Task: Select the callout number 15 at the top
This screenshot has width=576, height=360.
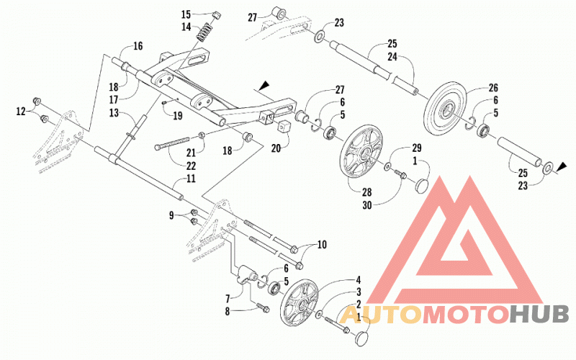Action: [186, 14]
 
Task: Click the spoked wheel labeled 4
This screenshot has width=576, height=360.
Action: [299, 302]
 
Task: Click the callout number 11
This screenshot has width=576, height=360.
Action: [191, 179]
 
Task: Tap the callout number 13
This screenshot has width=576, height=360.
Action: [114, 112]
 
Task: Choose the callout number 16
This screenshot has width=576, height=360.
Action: [138, 46]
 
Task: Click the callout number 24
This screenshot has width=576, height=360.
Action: [392, 57]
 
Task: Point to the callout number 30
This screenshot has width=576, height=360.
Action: [367, 205]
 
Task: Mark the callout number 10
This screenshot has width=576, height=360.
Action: [322, 244]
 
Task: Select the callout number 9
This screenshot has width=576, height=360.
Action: [171, 215]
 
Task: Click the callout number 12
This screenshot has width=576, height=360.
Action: [21, 111]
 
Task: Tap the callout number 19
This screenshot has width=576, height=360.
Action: [178, 116]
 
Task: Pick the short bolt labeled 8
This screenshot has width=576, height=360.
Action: [262, 308]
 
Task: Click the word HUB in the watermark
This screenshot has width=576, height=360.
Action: [539, 315]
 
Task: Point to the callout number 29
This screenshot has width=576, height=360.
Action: [416, 148]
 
